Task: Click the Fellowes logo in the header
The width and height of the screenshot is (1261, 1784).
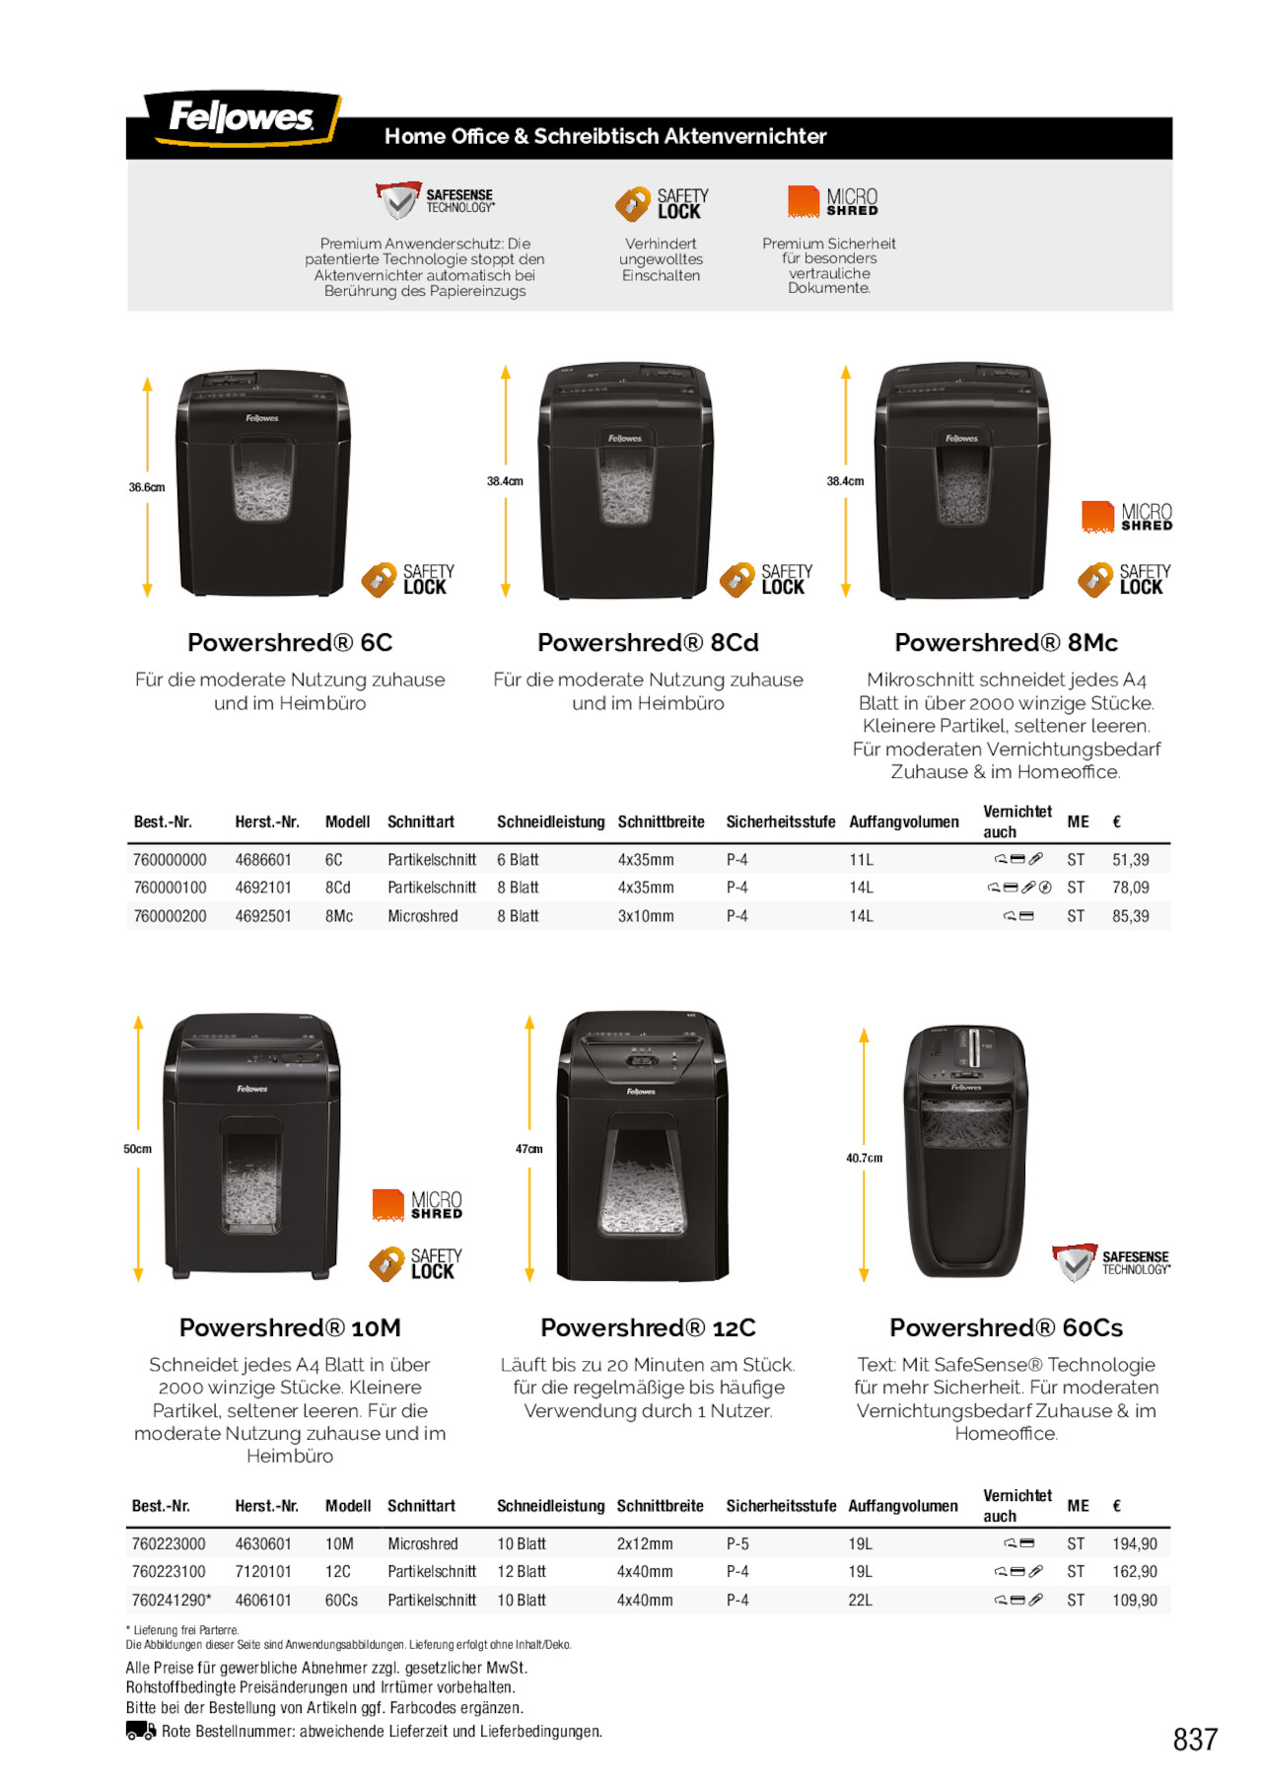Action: [x=242, y=118]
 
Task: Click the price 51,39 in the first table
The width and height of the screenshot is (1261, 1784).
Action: [x=1130, y=860]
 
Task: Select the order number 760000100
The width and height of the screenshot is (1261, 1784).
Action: [x=170, y=888]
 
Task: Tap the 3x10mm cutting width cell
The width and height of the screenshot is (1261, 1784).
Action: [x=646, y=916]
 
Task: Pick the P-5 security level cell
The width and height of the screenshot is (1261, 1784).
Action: [x=737, y=1543]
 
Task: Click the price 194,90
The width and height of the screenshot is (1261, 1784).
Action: [x=1134, y=1543]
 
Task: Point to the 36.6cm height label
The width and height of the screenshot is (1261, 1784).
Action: [x=147, y=487]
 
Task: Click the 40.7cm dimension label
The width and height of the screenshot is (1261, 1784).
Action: [x=864, y=1158]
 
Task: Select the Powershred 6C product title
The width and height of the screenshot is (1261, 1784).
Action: [x=290, y=643]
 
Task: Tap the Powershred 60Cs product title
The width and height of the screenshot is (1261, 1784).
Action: [x=1006, y=1327]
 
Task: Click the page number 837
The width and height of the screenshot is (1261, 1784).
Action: [x=1195, y=1739]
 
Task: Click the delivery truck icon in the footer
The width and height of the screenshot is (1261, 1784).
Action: [x=141, y=1731]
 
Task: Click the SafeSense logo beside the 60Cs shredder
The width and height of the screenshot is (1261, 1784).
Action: [x=1110, y=1261]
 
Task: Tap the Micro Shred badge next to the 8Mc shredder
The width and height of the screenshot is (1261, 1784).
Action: [x=1126, y=517]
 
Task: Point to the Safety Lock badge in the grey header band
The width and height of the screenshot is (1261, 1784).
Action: [x=662, y=204]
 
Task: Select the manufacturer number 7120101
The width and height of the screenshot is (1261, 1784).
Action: [x=263, y=1571]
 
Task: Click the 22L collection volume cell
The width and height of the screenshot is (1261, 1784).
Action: [x=860, y=1600]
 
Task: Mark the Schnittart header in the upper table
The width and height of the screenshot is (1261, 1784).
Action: [x=421, y=821]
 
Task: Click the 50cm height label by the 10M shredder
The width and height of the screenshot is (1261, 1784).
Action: [x=137, y=1149]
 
